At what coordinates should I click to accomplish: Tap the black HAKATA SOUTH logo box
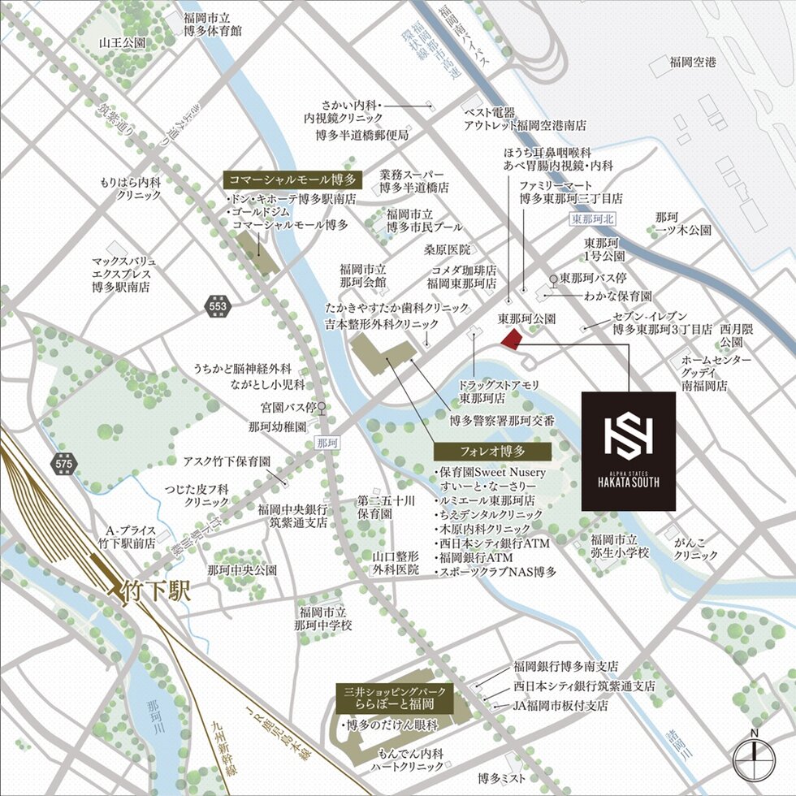coord(629,451)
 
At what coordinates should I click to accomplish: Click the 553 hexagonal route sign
coord(218,306)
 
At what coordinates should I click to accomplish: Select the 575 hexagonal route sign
coord(63,464)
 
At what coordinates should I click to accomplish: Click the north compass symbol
coord(754,759)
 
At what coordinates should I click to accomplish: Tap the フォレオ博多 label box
coord(492,451)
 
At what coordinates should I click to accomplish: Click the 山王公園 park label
coord(123,42)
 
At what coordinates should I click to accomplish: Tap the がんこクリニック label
coord(696,548)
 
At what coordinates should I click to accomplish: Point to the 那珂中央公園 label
coord(242,570)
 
